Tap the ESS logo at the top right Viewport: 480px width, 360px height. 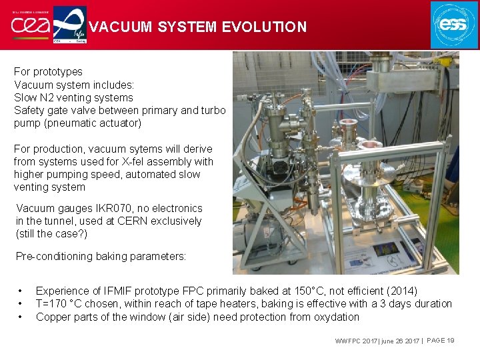click(454, 25)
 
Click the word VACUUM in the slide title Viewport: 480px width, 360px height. click(117, 27)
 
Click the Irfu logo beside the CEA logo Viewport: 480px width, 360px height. click(69, 25)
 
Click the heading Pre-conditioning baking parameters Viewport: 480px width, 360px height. click(101, 256)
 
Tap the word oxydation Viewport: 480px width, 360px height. click(336, 317)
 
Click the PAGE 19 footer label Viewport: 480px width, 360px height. click(440, 341)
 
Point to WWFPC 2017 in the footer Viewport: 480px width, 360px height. click(357, 341)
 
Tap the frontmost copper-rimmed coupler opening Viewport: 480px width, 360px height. click(370, 145)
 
